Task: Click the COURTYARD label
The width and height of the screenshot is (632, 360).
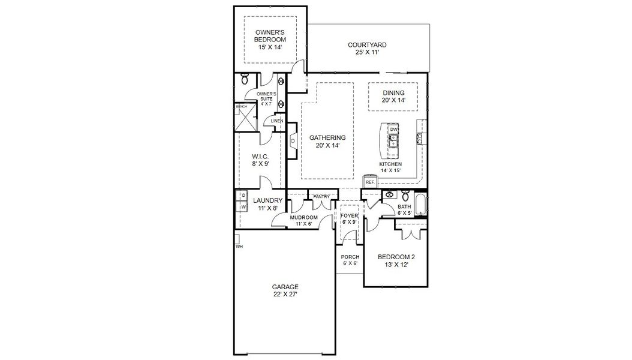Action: [x=367, y=45]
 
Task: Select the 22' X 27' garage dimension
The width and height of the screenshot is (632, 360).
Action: [x=285, y=295]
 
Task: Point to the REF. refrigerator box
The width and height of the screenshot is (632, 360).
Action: [x=370, y=182]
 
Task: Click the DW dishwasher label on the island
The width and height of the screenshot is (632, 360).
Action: [x=393, y=130]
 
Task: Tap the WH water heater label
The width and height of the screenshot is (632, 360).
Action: [x=239, y=246]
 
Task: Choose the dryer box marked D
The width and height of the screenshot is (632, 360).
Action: [x=244, y=196]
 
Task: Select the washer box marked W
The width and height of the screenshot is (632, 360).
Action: [x=244, y=207]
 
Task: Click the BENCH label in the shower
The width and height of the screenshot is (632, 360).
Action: [x=241, y=107]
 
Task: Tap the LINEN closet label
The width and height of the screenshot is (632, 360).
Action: [x=276, y=121]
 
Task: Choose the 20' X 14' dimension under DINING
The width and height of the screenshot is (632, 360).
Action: [x=394, y=100]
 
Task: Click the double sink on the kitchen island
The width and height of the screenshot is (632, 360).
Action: [x=394, y=142]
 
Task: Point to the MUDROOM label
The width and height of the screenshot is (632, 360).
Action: [x=303, y=217]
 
